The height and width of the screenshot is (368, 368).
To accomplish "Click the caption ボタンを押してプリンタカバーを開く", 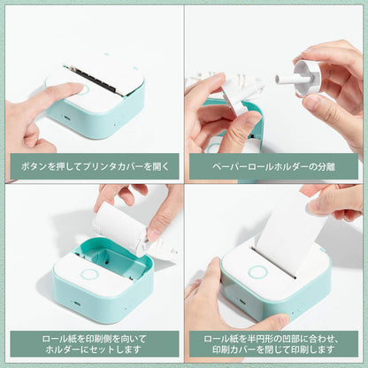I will (x=92, y=165).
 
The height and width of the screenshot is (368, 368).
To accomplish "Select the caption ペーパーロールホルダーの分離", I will (x=275, y=165).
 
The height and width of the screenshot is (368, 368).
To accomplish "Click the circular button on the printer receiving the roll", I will (x=89, y=273).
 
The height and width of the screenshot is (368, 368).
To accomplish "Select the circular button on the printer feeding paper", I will (x=257, y=272).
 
